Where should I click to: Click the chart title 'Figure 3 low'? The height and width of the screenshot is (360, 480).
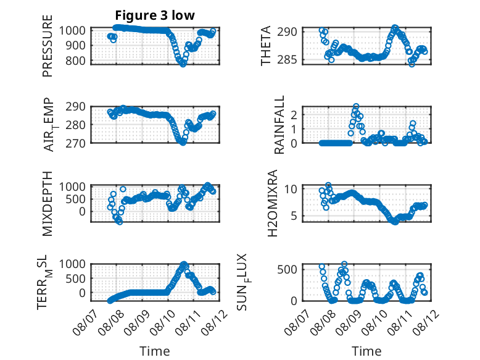coord(155,15)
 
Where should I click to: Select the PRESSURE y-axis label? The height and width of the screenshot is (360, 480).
coord(48,46)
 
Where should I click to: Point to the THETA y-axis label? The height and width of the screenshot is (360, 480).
coord(266,46)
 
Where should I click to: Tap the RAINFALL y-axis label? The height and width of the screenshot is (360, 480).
coord(279,125)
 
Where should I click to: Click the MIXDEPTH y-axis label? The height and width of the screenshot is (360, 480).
coord(48,203)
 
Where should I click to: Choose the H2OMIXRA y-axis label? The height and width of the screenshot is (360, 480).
coord(272,203)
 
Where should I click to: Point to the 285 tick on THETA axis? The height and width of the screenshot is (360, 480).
coord(287,59)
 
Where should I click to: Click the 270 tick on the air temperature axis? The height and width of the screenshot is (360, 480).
coord(76,143)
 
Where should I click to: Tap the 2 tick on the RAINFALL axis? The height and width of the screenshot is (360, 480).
coord(294,115)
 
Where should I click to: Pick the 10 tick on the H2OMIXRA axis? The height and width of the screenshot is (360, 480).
coord(291,189)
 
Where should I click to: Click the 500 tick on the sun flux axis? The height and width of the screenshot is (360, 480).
coord(287,270)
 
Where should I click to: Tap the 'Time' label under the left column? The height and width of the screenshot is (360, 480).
coord(155,351)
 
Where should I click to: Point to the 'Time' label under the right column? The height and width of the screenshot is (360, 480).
coord(366,351)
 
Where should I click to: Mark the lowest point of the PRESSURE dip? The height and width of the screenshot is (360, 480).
coord(183,64)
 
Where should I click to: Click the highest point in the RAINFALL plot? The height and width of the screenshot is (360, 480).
coord(356,106)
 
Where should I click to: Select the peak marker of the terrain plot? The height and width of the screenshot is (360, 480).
coord(184,264)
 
